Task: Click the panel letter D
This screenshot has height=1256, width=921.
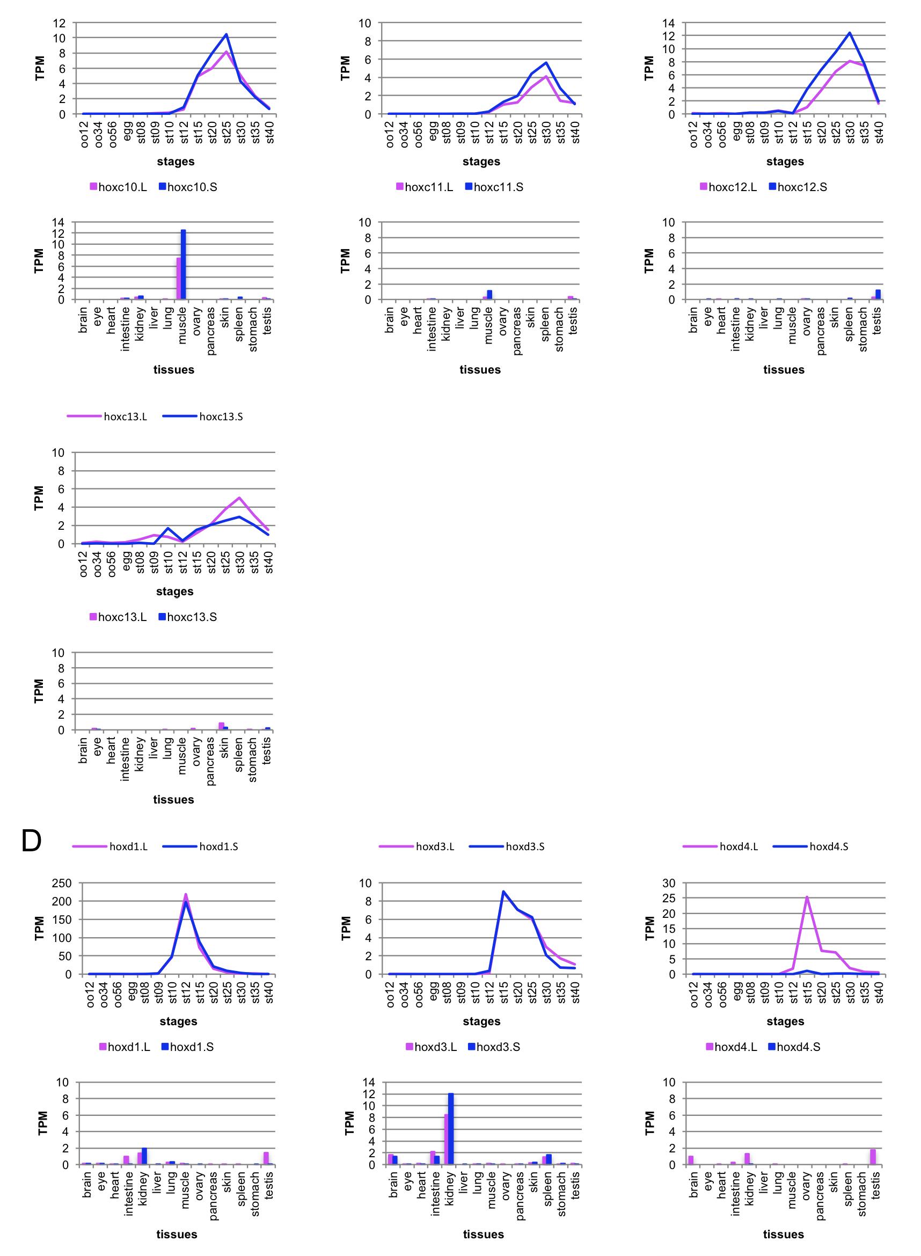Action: [31, 841]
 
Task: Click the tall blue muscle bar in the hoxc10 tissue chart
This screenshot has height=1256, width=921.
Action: [183, 265]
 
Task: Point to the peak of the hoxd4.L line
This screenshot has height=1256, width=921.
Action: [807, 897]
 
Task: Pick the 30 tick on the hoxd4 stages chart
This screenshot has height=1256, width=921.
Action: [669, 883]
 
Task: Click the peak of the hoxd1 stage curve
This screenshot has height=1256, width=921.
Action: [186, 895]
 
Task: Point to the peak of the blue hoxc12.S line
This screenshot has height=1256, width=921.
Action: [850, 33]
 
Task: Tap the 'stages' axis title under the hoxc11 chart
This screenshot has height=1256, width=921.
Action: [481, 162]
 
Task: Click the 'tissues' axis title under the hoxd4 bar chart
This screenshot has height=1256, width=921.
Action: [783, 1234]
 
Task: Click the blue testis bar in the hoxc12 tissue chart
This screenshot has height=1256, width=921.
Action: [878, 294]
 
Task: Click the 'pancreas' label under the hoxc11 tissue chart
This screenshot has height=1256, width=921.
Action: [517, 330]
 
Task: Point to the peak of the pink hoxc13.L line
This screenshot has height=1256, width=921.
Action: [239, 498]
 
